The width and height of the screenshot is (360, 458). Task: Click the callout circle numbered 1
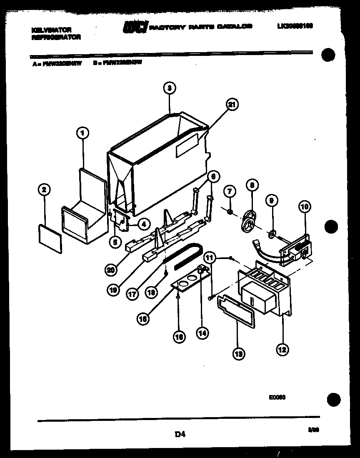pyautogui.click(x=82, y=133)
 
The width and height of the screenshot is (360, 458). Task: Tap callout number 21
pyautogui.click(x=232, y=106)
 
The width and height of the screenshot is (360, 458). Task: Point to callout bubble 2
pyautogui.click(x=44, y=190)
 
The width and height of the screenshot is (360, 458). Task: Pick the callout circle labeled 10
pyautogui.click(x=304, y=205)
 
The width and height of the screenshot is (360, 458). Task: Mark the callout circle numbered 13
pyautogui.click(x=239, y=354)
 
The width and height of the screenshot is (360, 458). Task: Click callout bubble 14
pyautogui.click(x=203, y=333)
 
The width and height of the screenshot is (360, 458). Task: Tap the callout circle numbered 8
pyautogui.click(x=252, y=184)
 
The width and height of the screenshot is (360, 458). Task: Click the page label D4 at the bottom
pyautogui.click(x=180, y=435)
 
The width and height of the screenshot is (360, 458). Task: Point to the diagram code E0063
pyautogui.click(x=277, y=398)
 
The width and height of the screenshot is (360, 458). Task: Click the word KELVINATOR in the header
pyautogui.click(x=51, y=30)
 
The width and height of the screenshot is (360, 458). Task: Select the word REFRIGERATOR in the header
pyautogui.click(x=56, y=37)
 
